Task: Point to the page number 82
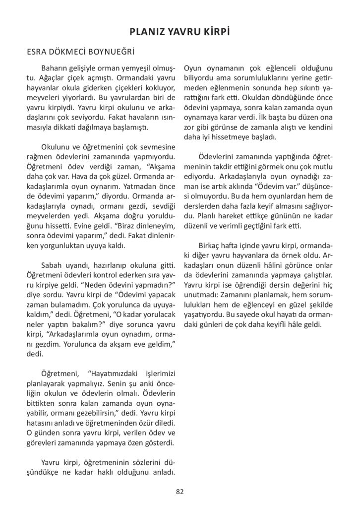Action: (180, 492)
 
